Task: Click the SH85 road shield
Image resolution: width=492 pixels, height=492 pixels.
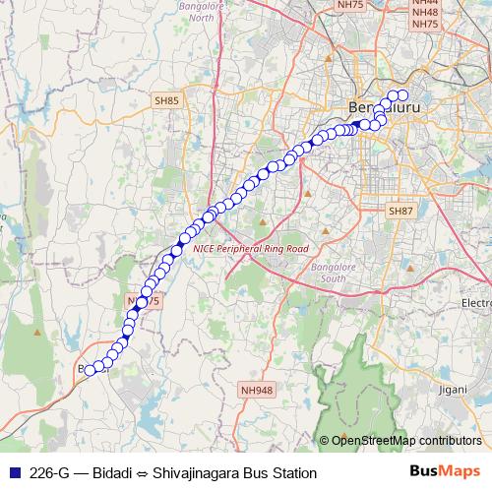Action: tap(166, 99)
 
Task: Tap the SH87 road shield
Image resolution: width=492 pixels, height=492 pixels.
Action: tap(400, 211)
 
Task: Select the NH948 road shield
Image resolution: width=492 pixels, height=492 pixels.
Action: tap(256, 390)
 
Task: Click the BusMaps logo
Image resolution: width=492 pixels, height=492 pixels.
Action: tap(444, 471)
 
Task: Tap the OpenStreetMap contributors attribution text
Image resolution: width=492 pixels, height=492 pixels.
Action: tap(404, 441)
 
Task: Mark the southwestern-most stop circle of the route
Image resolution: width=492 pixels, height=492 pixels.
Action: tap(90, 370)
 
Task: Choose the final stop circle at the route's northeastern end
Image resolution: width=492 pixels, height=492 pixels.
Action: tap(402, 95)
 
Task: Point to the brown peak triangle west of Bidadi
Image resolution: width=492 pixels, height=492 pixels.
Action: tap(38, 332)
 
